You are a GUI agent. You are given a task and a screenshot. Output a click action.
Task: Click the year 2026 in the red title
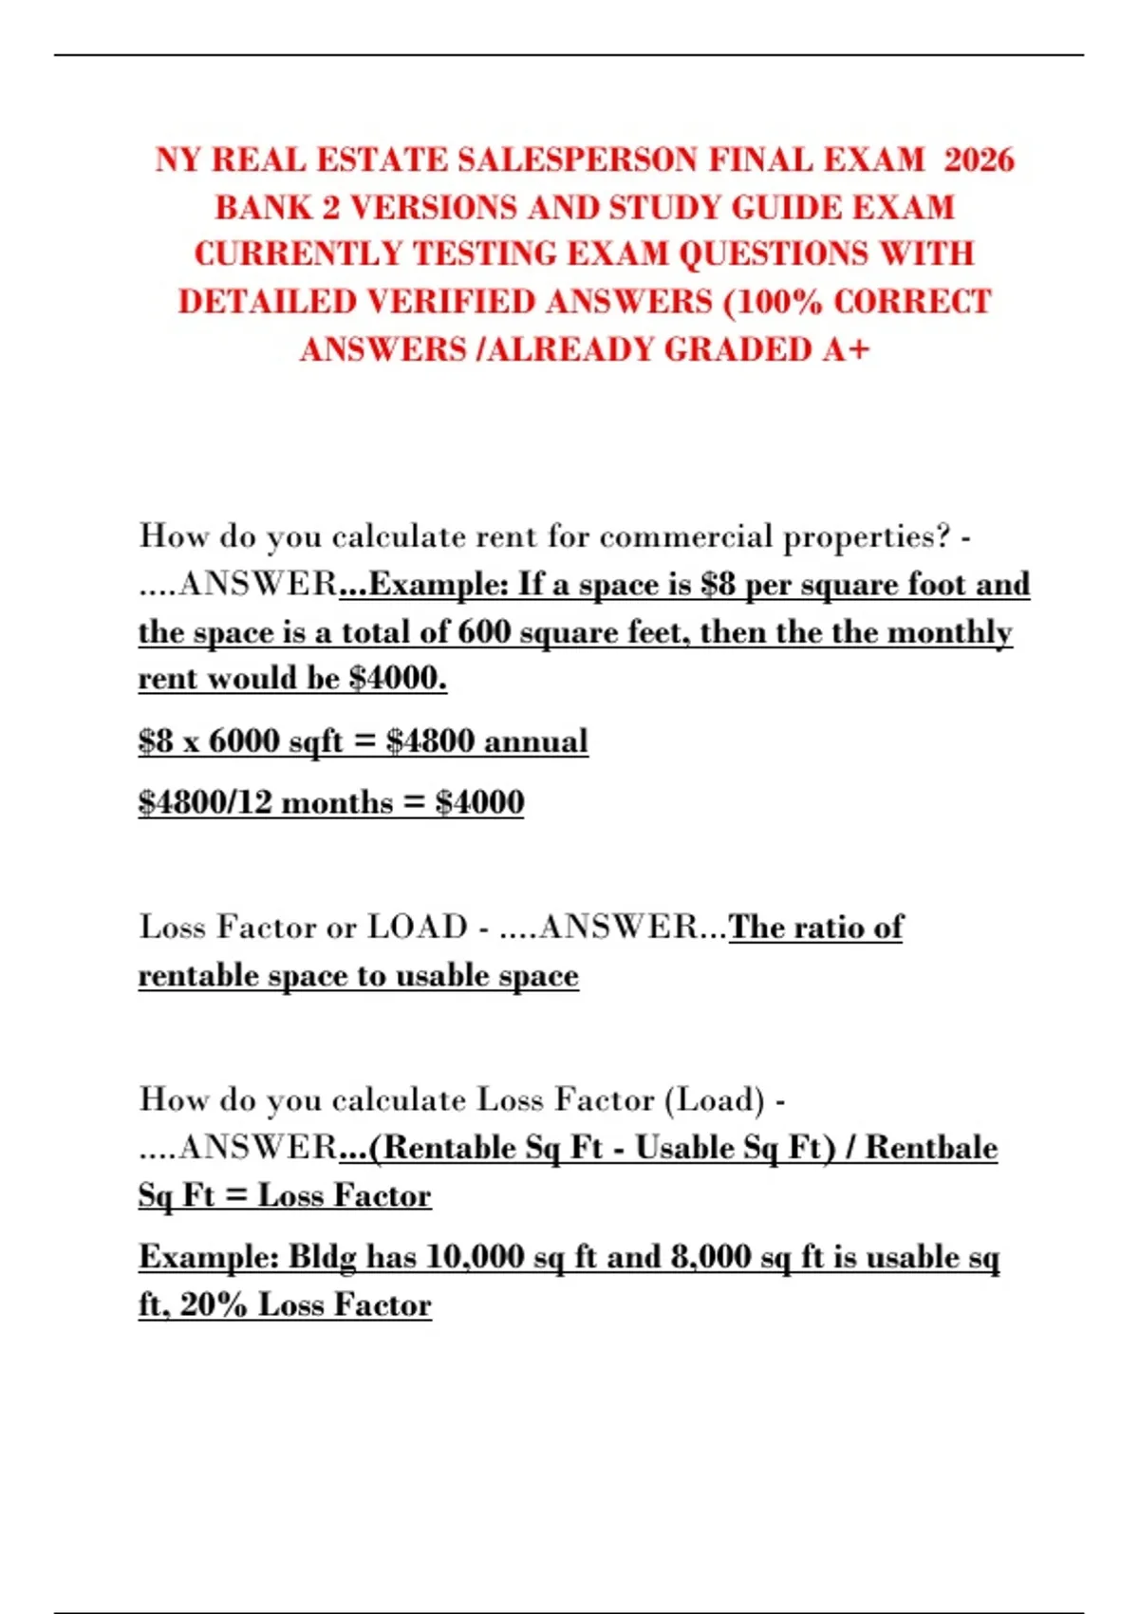pyautogui.click(x=980, y=160)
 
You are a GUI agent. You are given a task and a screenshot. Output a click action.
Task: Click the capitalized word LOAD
pyautogui.click(x=418, y=927)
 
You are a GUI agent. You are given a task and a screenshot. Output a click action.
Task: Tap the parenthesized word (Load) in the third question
pyautogui.click(x=714, y=1099)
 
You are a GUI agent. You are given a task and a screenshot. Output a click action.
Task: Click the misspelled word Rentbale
pyautogui.click(x=931, y=1147)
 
